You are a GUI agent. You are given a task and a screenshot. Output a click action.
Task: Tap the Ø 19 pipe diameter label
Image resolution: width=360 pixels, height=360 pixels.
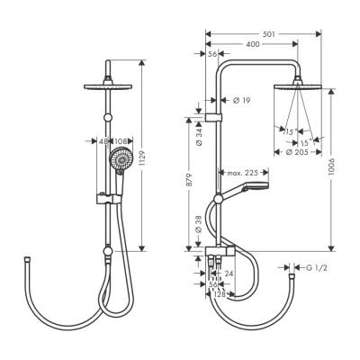click(240, 100)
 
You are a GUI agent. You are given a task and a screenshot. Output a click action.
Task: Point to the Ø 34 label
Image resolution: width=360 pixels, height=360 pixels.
click(199, 140)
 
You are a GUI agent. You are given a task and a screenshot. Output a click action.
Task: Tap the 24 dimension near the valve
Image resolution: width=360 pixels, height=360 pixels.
click(229, 273)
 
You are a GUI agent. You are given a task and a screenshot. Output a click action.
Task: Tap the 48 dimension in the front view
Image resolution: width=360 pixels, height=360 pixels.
click(102, 140)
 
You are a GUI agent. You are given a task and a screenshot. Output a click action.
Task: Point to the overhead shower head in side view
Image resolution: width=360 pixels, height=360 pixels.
click(298, 86)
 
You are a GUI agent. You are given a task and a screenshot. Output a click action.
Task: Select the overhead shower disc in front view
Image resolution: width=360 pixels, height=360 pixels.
click(107, 85)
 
